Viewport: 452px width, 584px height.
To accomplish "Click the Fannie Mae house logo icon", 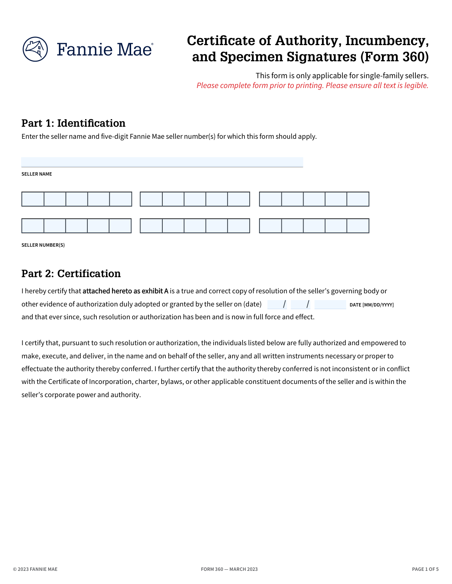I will [35, 49].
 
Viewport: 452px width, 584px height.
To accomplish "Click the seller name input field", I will [162, 162].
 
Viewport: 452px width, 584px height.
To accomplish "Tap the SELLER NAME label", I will [37, 174].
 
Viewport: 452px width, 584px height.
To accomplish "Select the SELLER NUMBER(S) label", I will [43, 245].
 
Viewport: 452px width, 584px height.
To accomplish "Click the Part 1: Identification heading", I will [73, 123].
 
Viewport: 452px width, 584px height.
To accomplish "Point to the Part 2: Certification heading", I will [71, 274].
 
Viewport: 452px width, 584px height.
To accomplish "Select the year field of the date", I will [330, 304].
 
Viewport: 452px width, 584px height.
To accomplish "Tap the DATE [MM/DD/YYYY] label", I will [371, 305].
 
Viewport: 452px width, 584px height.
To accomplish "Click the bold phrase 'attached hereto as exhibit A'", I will [125, 291].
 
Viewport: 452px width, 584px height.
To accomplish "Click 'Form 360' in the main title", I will [394, 57].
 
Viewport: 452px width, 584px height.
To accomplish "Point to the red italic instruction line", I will [312, 86].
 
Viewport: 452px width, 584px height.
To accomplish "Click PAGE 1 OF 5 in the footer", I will [425, 569].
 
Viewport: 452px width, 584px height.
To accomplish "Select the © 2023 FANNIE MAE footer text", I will [35, 569].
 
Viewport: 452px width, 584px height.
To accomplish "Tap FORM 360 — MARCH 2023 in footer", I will [229, 569].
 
